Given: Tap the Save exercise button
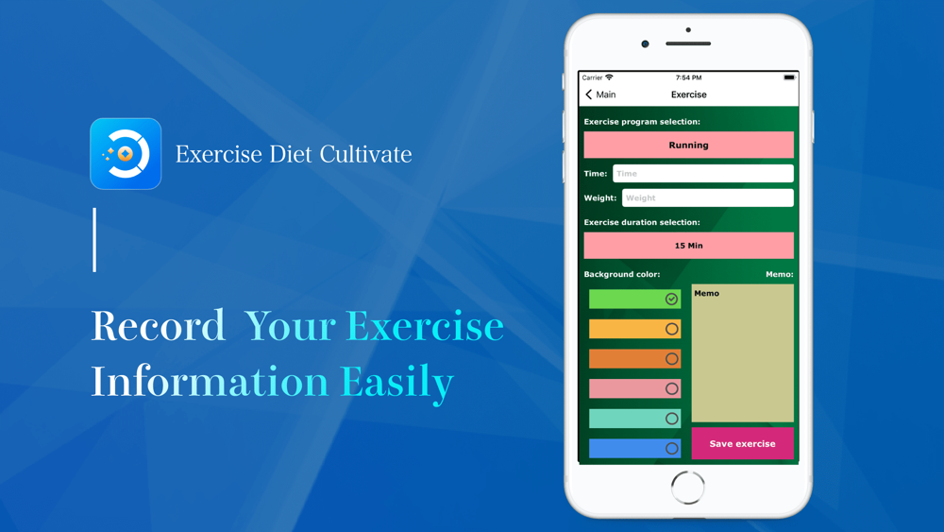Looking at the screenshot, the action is pyautogui.click(x=742, y=443).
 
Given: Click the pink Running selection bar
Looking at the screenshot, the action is pyautogui.click(x=689, y=146).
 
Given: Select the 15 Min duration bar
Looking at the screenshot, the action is pyautogui.click(x=689, y=246).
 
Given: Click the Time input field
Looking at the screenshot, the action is pyautogui.click(x=703, y=174).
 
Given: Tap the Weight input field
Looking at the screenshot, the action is pyautogui.click(x=707, y=197).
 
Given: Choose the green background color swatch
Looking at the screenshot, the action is pyautogui.click(x=634, y=299).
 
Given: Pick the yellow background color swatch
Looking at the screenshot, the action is pyautogui.click(x=634, y=329).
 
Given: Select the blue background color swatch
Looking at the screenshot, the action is pyautogui.click(x=634, y=448).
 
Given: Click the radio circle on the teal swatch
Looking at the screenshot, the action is pyautogui.click(x=672, y=419).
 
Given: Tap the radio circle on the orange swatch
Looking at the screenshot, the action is pyautogui.click(x=672, y=359).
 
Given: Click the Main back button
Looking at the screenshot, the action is pyautogui.click(x=600, y=94).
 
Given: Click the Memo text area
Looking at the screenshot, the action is pyautogui.click(x=742, y=353).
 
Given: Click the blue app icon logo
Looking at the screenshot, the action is pyautogui.click(x=126, y=154).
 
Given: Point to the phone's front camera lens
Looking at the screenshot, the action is pyautogui.click(x=645, y=44).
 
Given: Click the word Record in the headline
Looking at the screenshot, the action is pyautogui.click(x=158, y=326).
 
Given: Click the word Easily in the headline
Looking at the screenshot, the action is pyautogui.click(x=396, y=382).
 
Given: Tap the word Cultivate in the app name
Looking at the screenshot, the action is pyautogui.click(x=365, y=154).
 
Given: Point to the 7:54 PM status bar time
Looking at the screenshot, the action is pyautogui.click(x=689, y=77).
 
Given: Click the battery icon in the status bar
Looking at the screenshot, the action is pyautogui.click(x=789, y=77).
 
